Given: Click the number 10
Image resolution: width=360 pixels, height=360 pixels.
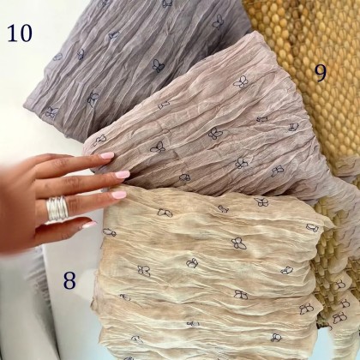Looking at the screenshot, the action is [20, 33].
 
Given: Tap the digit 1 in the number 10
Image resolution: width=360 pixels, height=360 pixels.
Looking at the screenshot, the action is [12, 33].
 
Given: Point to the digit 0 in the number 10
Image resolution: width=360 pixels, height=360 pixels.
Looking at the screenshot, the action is [26, 33].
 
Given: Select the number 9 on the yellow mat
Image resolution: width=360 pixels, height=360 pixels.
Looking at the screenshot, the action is [321, 73].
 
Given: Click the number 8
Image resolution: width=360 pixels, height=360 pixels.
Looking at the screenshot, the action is [69, 280].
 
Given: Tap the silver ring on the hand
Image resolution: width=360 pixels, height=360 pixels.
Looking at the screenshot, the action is [57, 208].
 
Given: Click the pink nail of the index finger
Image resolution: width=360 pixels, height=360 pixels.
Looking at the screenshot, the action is [107, 155].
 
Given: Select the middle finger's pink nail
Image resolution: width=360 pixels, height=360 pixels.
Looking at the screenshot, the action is [123, 175].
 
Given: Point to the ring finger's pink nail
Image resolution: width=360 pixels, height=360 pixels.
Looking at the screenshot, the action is [119, 195].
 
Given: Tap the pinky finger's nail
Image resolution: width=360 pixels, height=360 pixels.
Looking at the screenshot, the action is [89, 225].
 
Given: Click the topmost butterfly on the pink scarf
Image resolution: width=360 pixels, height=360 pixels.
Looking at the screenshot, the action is [241, 81].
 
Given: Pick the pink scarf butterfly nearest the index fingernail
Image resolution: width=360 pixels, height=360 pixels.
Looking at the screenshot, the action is [100, 140].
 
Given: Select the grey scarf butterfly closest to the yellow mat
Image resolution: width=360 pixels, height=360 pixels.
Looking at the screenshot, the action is [219, 21].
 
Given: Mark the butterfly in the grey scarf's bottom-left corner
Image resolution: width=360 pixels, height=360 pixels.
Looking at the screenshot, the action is [51, 112].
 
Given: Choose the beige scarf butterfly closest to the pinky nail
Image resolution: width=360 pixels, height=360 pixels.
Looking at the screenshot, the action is [110, 232].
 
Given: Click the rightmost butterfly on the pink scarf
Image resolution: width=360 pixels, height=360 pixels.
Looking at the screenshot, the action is [293, 127].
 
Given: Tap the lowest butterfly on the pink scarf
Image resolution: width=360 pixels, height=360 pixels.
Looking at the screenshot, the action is [185, 177].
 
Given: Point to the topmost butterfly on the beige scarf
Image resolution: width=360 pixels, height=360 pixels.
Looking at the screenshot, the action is [261, 202].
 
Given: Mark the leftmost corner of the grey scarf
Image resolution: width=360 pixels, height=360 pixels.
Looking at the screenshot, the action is [24, 105].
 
